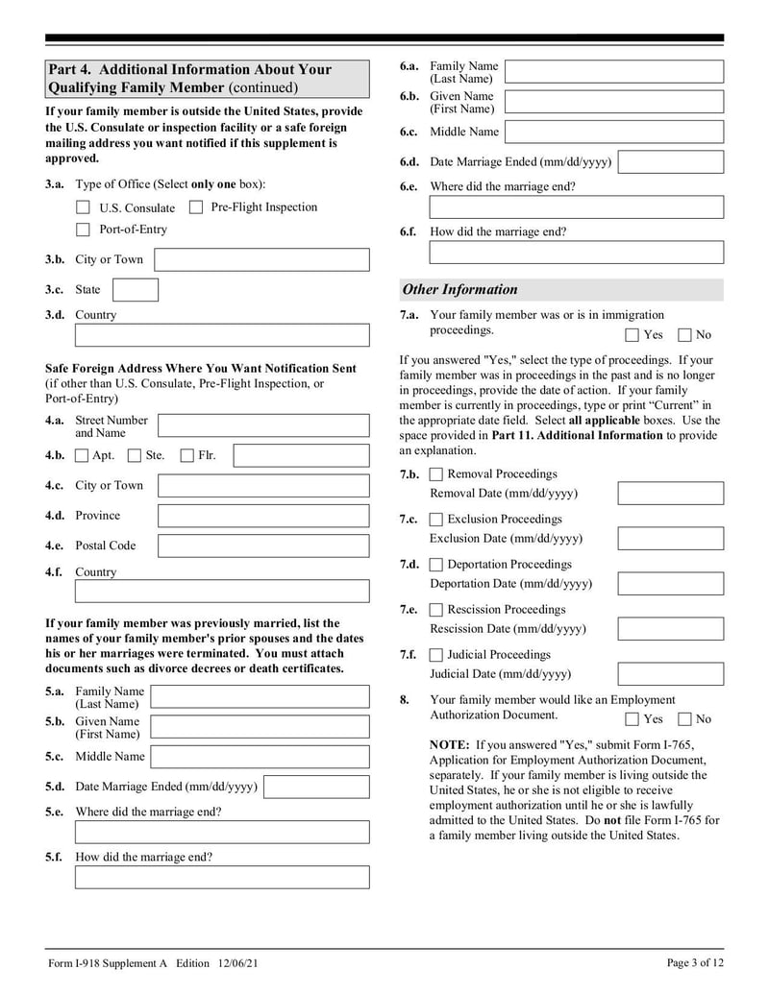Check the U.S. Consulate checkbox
click(x=83, y=207)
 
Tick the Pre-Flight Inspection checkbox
click(x=195, y=206)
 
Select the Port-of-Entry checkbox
click(x=83, y=230)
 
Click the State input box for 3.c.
click(x=136, y=289)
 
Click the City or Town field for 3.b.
click(x=261, y=259)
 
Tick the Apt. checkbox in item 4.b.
click(x=83, y=455)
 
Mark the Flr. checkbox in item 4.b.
click(x=187, y=455)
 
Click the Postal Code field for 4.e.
click(x=262, y=545)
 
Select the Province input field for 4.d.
click(x=262, y=516)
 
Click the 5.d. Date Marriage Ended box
click(x=315, y=787)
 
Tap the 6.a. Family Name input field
click(x=614, y=72)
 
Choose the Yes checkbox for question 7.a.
click(x=632, y=335)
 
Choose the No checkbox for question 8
click(x=684, y=719)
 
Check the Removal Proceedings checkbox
click(x=436, y=474)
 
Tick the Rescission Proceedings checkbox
click(x=436, y=610)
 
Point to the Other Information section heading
click(x=459, y=289)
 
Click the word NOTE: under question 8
click(x=449, y=744)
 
